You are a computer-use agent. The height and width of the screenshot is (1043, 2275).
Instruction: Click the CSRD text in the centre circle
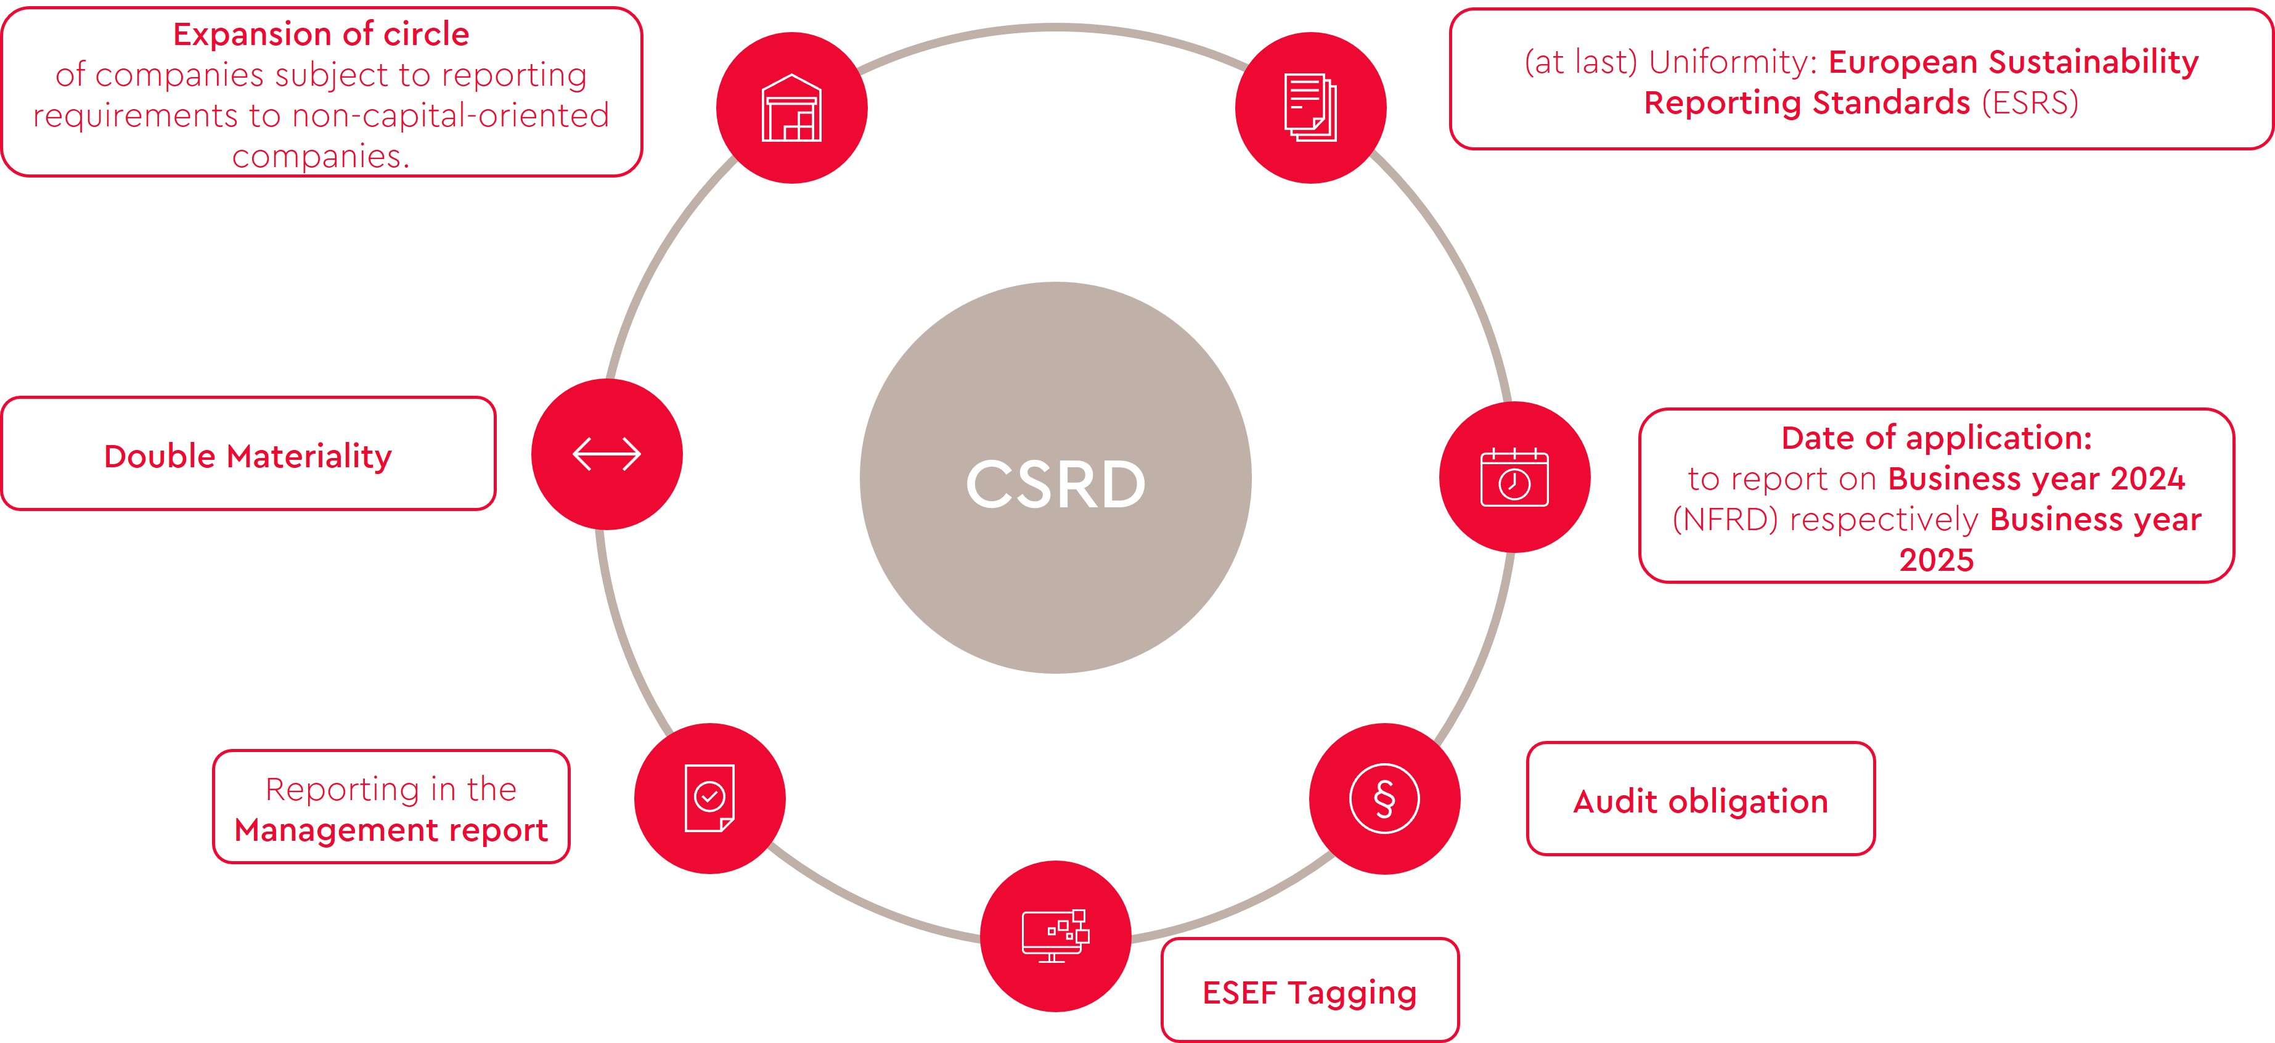pos(1055,484)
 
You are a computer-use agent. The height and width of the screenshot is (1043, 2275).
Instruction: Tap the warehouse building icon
pos(791,108)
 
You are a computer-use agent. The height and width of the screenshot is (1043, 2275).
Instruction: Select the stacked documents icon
pos(1310,108)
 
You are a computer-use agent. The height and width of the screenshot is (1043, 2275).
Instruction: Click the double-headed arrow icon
pos(607,454)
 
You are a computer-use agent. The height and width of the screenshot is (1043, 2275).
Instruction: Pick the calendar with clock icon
pos(1514,478)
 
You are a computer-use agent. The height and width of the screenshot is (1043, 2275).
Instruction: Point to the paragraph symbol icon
pos(1384,798)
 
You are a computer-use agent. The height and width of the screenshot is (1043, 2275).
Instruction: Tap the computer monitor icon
pos(1055,936)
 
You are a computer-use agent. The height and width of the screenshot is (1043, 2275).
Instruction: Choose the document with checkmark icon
pos(709,798)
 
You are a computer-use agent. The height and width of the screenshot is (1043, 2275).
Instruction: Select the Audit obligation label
pos(1700,801)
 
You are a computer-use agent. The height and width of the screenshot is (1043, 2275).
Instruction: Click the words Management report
pos(391,830)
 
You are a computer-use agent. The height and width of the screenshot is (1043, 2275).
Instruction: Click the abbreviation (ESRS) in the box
pos(2030,102)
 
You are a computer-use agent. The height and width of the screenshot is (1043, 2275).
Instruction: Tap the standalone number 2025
pos(1936,560)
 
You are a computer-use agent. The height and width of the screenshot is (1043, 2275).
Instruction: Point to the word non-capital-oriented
pos(451,116)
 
